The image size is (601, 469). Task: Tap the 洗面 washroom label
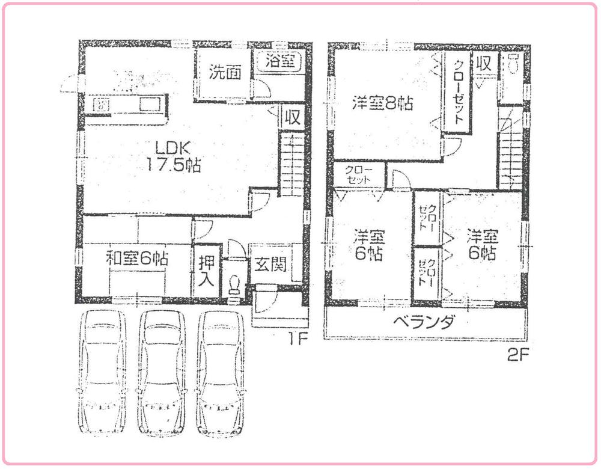click(x=225, y=72)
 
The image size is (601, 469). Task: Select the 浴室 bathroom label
click(x=281, y=61)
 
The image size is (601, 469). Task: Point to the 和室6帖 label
click(x=136, y=260)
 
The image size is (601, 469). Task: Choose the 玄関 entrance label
click(x=269, y=265)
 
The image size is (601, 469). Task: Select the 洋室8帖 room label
click(x=382, y=103)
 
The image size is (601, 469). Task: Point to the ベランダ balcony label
click(x=424, y=323)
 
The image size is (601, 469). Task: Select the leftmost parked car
click(x=102, y=373)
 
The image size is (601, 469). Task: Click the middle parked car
click(x=162, y=373)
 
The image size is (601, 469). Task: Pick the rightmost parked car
click(x=222, y=373)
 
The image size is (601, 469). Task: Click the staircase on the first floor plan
click(x=292, y=165)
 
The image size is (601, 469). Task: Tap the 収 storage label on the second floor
click(x=485, y=63)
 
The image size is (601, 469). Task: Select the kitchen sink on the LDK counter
click(x=150, y=105)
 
